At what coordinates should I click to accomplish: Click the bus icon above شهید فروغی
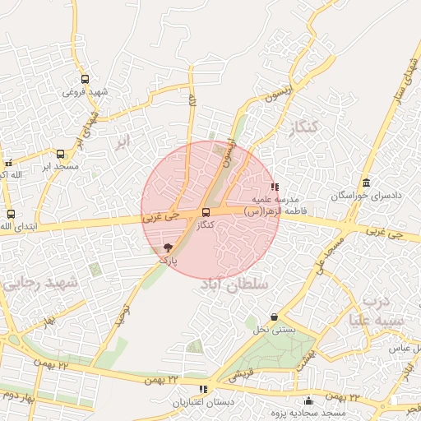85,80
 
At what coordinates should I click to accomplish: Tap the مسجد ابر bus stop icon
60,154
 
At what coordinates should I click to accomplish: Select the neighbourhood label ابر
123,141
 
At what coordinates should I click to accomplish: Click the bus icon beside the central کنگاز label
206,213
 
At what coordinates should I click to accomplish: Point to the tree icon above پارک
169,247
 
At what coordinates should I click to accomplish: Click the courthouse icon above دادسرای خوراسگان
365,183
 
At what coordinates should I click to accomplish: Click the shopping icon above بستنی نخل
274,317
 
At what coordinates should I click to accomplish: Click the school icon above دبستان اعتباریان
202,389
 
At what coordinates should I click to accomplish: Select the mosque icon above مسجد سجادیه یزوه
309,401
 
